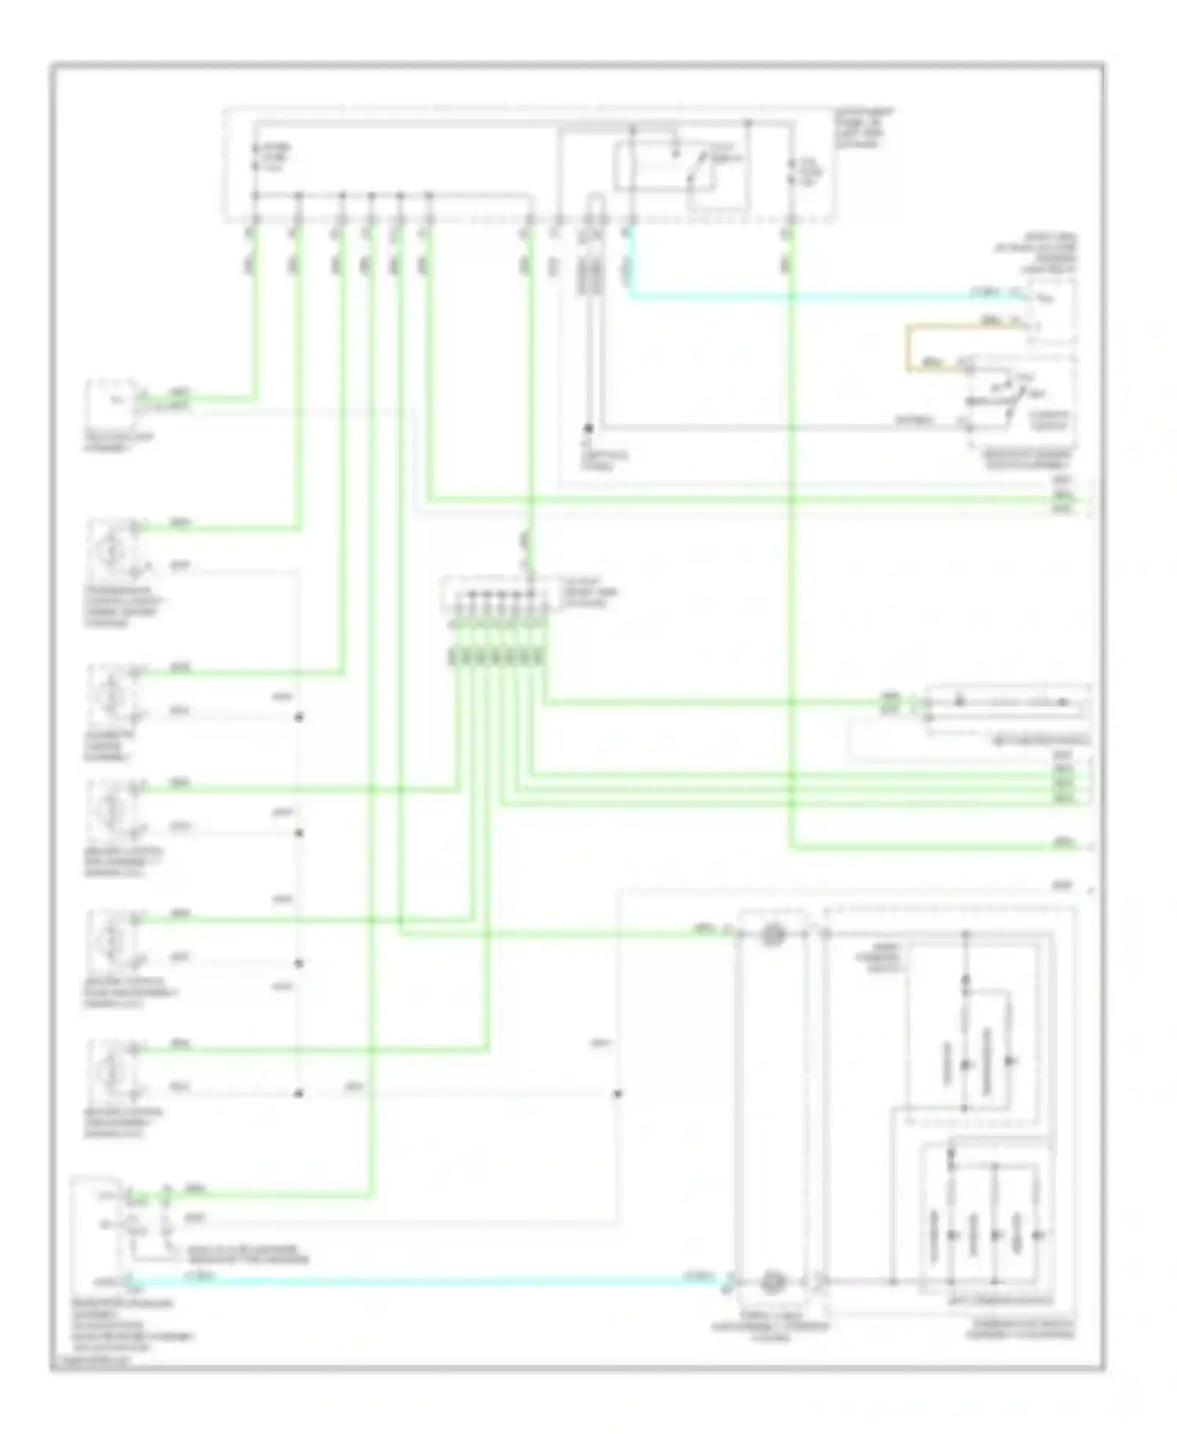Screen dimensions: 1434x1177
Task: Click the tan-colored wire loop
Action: click(910, 345)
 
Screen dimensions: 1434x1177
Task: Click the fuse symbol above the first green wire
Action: click(254, 157)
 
